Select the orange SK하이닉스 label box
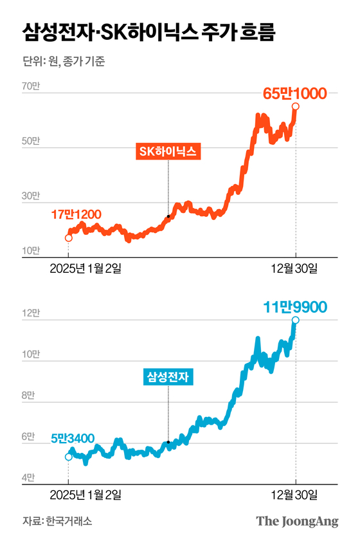coord(168,152)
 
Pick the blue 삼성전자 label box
coord(168,377)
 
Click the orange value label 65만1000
coord(295,93)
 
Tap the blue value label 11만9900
coord(295,307)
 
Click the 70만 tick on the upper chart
coord(31,86)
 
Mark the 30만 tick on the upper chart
coord(31,196)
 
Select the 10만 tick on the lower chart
coord(31,354)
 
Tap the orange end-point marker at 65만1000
coord(295,107)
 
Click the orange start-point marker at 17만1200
coord(69,238)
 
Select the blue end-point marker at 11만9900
coord(295,320)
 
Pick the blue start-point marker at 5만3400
coord(69,457)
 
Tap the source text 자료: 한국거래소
coord(57,521)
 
